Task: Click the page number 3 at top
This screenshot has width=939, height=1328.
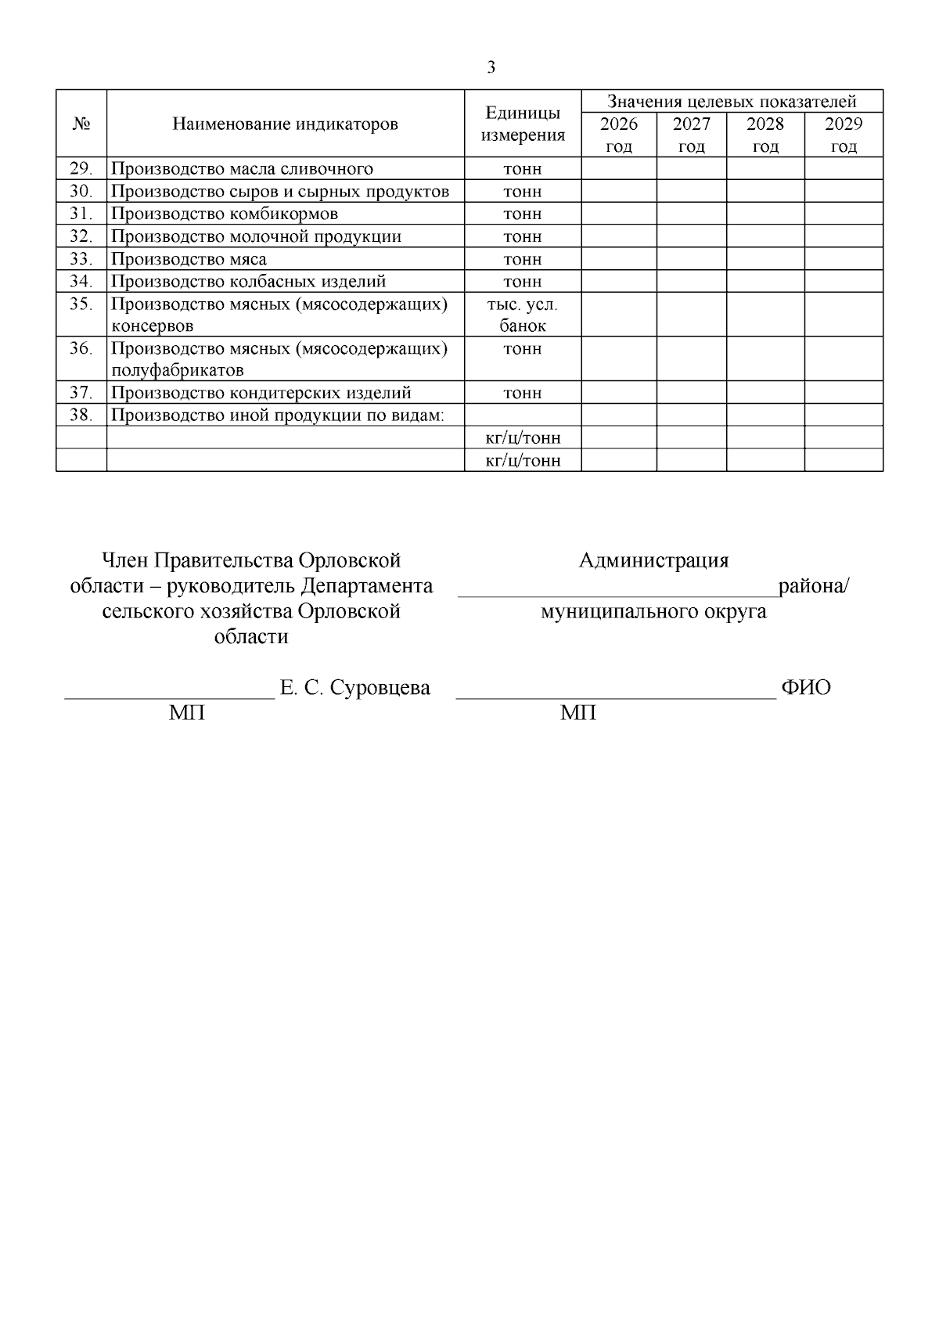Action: point(491,67)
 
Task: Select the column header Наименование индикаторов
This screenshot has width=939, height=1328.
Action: point(285,124)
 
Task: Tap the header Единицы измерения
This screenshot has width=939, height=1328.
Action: point(523,124)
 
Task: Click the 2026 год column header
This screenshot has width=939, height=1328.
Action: point(618,135)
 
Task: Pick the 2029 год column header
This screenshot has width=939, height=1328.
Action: point(844,135)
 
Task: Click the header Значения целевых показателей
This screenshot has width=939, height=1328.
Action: point(732,101)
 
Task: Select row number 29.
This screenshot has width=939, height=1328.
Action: point(81,168)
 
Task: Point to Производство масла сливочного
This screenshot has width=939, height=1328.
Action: point(242,168)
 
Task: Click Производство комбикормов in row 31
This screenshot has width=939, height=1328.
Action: point(225,214)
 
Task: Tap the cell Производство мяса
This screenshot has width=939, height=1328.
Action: point(189,259)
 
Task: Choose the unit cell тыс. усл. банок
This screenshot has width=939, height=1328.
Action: point(523,315)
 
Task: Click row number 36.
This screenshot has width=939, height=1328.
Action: point(81,348)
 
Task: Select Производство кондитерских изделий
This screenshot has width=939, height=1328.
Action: point(261,393)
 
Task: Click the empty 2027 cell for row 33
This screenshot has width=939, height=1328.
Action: point(691,259)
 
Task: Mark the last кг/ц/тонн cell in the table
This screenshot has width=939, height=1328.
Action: point(523,460)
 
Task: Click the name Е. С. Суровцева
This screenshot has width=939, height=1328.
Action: point(354,688)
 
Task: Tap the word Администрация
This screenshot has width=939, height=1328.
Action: point(653,560)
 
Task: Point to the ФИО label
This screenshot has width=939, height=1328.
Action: point(805,688)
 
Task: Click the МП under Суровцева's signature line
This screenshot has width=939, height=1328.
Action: point(187,713)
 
